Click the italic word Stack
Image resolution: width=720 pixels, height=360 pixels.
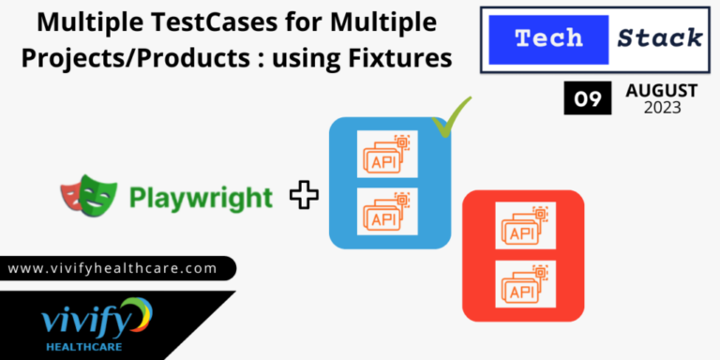(660, 38)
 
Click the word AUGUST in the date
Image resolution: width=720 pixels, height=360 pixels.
(661, 91)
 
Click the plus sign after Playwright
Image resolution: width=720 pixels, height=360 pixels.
(303, 196)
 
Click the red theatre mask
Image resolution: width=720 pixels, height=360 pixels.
(69, 195)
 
